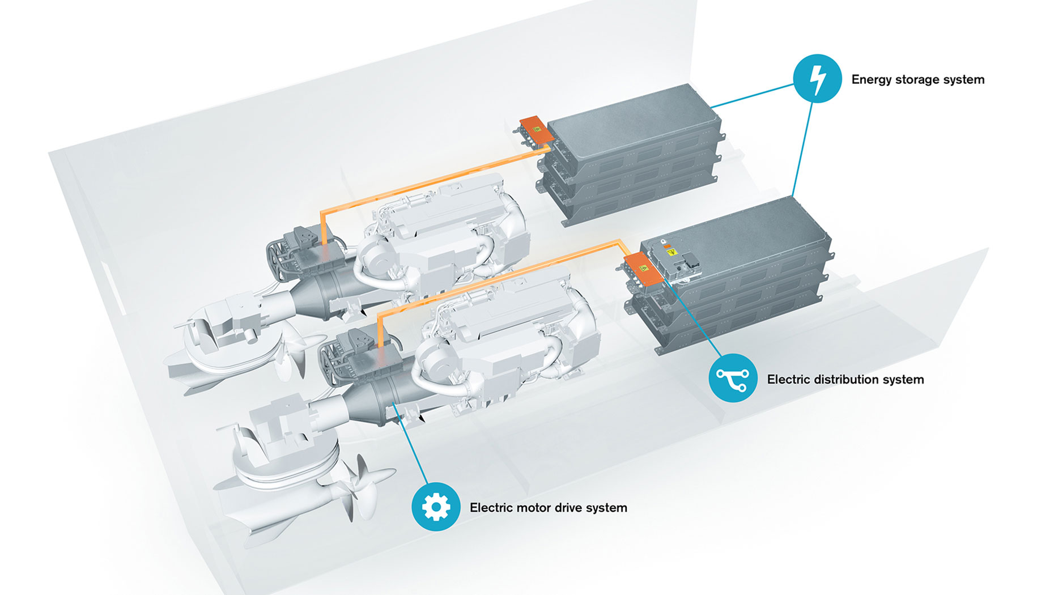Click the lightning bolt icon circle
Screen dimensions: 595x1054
pyautogui.click(x=817, y=79)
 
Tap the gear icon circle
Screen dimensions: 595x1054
pyautogui.click(x=436, y=507)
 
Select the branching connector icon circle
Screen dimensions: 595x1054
pyautogui.click(x=733, y=378)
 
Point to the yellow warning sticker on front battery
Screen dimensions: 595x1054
pyautogui.click(x=672, y=251)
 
